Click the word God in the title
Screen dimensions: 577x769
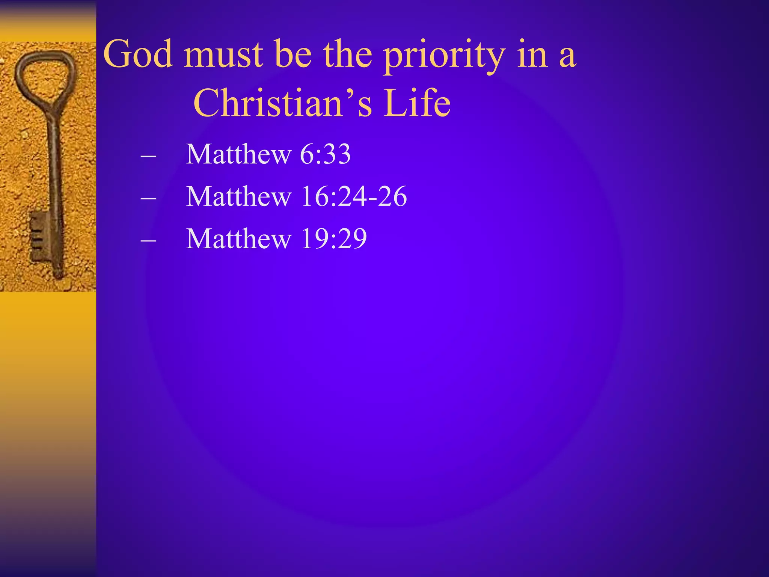(x=139, y=54)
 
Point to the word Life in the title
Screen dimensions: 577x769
(x=417, y=103)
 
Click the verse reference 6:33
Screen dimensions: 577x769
(x=326, y=154)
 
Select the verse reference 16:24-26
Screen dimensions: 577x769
(x=354, y=196)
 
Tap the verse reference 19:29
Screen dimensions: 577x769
(x=334, y=239)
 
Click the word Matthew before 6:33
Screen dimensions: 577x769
(x=239, y=154)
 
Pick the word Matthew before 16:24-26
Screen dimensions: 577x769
(x=239, y=196)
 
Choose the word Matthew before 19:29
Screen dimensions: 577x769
(x=239, y=239)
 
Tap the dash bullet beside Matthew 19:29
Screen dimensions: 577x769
(x=148, y=240)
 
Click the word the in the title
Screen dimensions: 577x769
(x=347, y=54)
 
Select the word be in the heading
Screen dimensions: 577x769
(x=293, y=54)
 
